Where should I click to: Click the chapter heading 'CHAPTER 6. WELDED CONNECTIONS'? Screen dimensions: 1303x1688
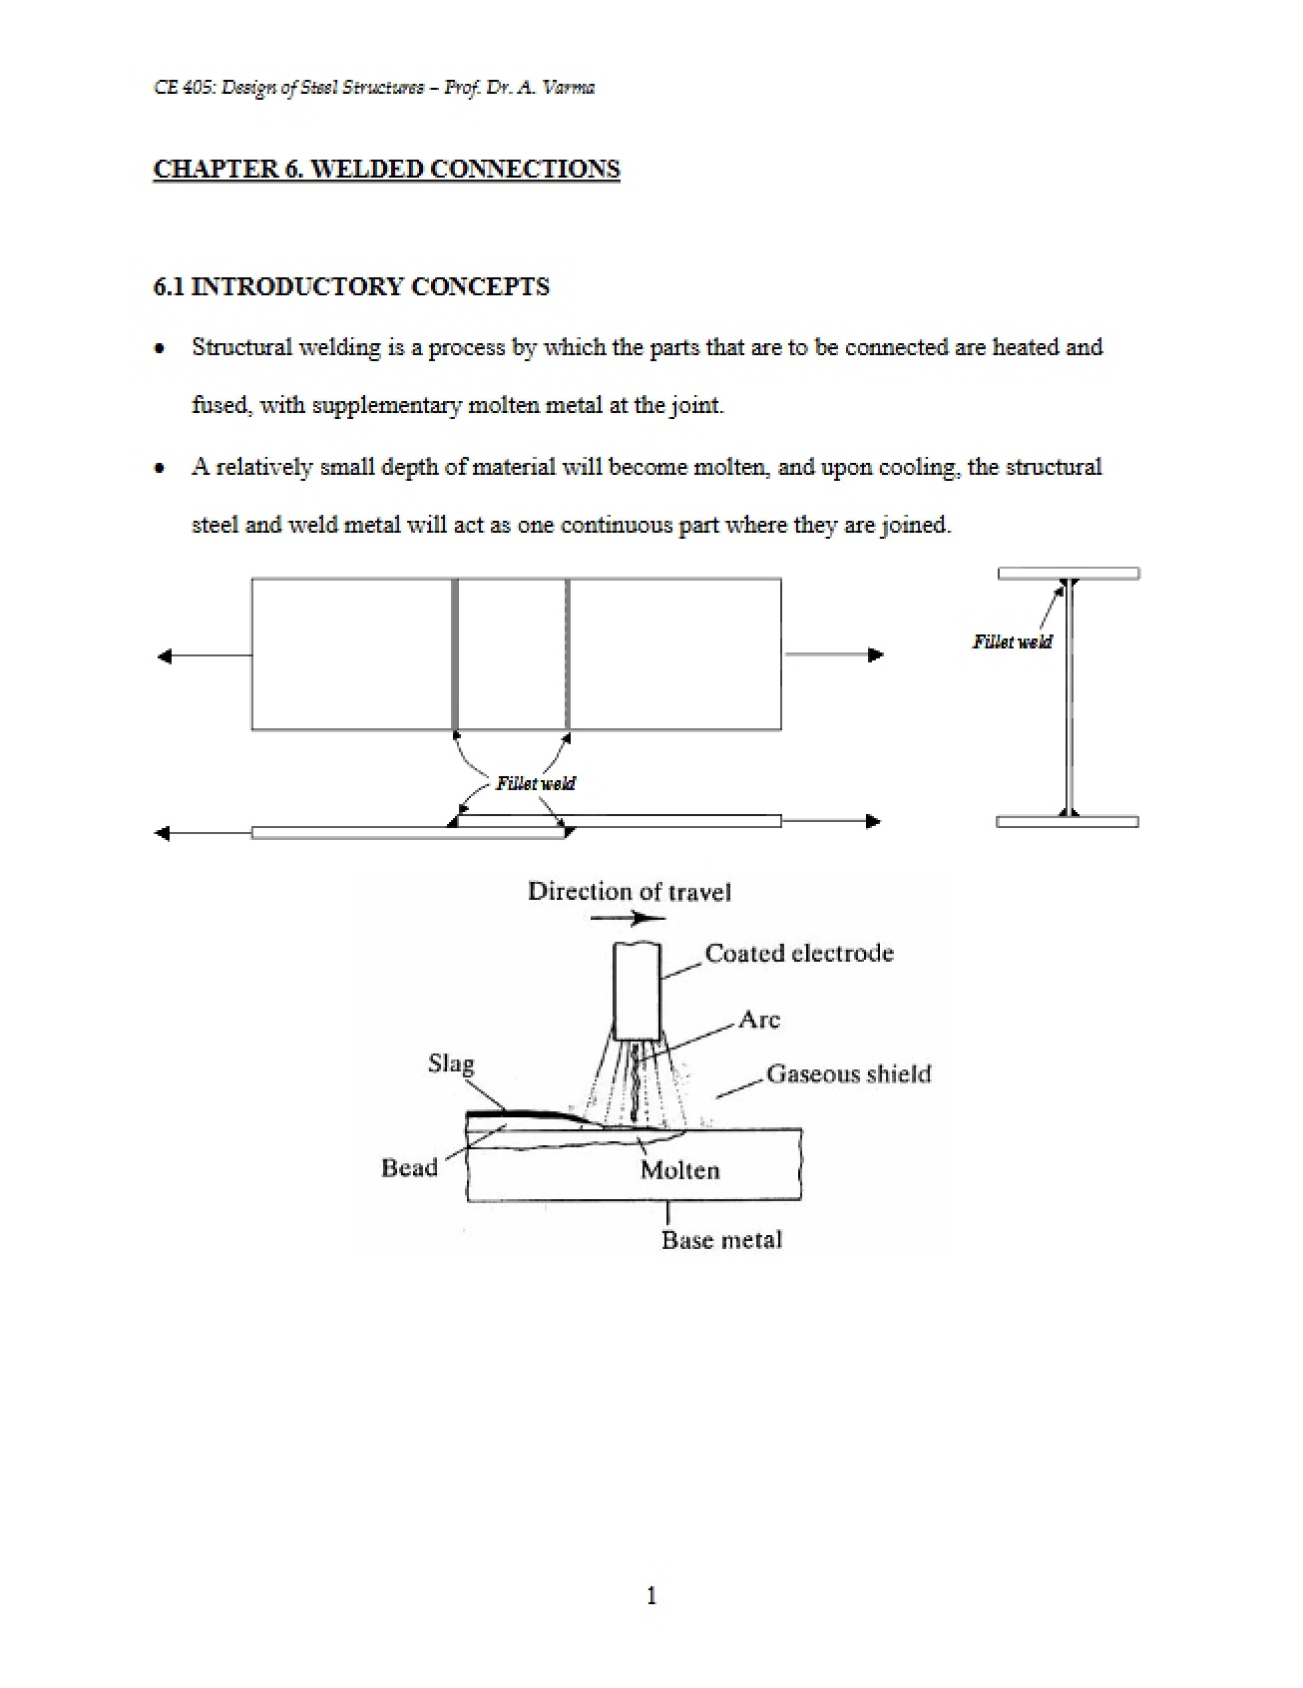(x=386, y=169)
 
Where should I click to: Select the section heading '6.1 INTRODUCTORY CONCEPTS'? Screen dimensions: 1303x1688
(x=351, y=286)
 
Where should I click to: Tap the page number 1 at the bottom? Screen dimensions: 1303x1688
(x=651, y=1595)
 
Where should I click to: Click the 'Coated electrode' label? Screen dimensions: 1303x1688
(x=799, y=953)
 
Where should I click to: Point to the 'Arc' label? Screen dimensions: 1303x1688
(x=759, y=1020)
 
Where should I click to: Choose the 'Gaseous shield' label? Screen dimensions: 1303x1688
(x=848, y=1074)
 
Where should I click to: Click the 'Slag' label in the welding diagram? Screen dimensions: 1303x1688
(x=451, y=1064)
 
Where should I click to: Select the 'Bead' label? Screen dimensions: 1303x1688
(x=409, y=1168)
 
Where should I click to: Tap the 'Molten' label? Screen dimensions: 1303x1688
(x=679, y=1170)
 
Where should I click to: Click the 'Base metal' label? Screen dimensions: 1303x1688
(x=721, y=1240)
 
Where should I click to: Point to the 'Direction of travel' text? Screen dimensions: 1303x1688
(x=629, y=892)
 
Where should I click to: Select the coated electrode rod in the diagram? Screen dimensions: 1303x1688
(x=637, y=991)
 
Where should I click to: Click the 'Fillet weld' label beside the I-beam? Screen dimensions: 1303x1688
(x=1012, y=641)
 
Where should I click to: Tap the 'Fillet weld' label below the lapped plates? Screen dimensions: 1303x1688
(x=536, y=783)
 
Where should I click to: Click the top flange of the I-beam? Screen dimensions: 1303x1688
(x=1069, y=574)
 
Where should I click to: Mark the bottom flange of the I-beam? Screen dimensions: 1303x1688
(x=1068, y=822)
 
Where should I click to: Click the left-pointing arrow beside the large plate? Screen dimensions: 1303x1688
(x=205, y=655)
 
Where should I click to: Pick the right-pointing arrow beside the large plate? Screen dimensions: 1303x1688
(x=834, y=654)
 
